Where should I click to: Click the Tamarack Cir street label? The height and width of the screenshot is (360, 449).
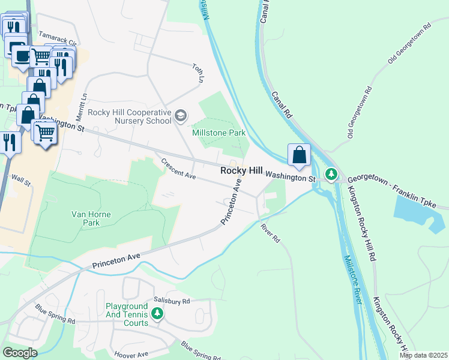pos(58,39)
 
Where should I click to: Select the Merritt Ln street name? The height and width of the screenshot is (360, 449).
pos(83,104)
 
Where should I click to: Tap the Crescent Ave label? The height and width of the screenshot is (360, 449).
pos(178,169)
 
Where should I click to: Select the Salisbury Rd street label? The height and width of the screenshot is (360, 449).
pos(171,301)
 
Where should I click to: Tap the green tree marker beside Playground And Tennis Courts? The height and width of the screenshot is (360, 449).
pos(157,313)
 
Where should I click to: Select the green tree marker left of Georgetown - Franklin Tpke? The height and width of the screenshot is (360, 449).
pos(331,175)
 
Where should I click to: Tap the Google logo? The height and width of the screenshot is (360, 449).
pos(20,353)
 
